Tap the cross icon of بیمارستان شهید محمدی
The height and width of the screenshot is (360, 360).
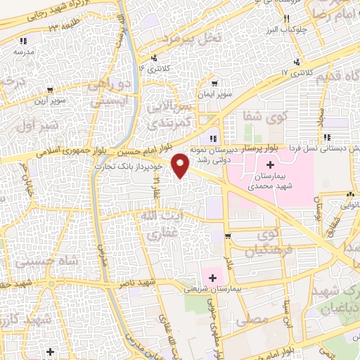pos(271,164)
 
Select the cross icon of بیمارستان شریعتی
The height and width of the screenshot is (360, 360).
pos(213,278)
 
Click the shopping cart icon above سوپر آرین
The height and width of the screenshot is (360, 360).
pos(51,90)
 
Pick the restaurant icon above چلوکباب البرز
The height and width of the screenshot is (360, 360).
pos(285,20)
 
